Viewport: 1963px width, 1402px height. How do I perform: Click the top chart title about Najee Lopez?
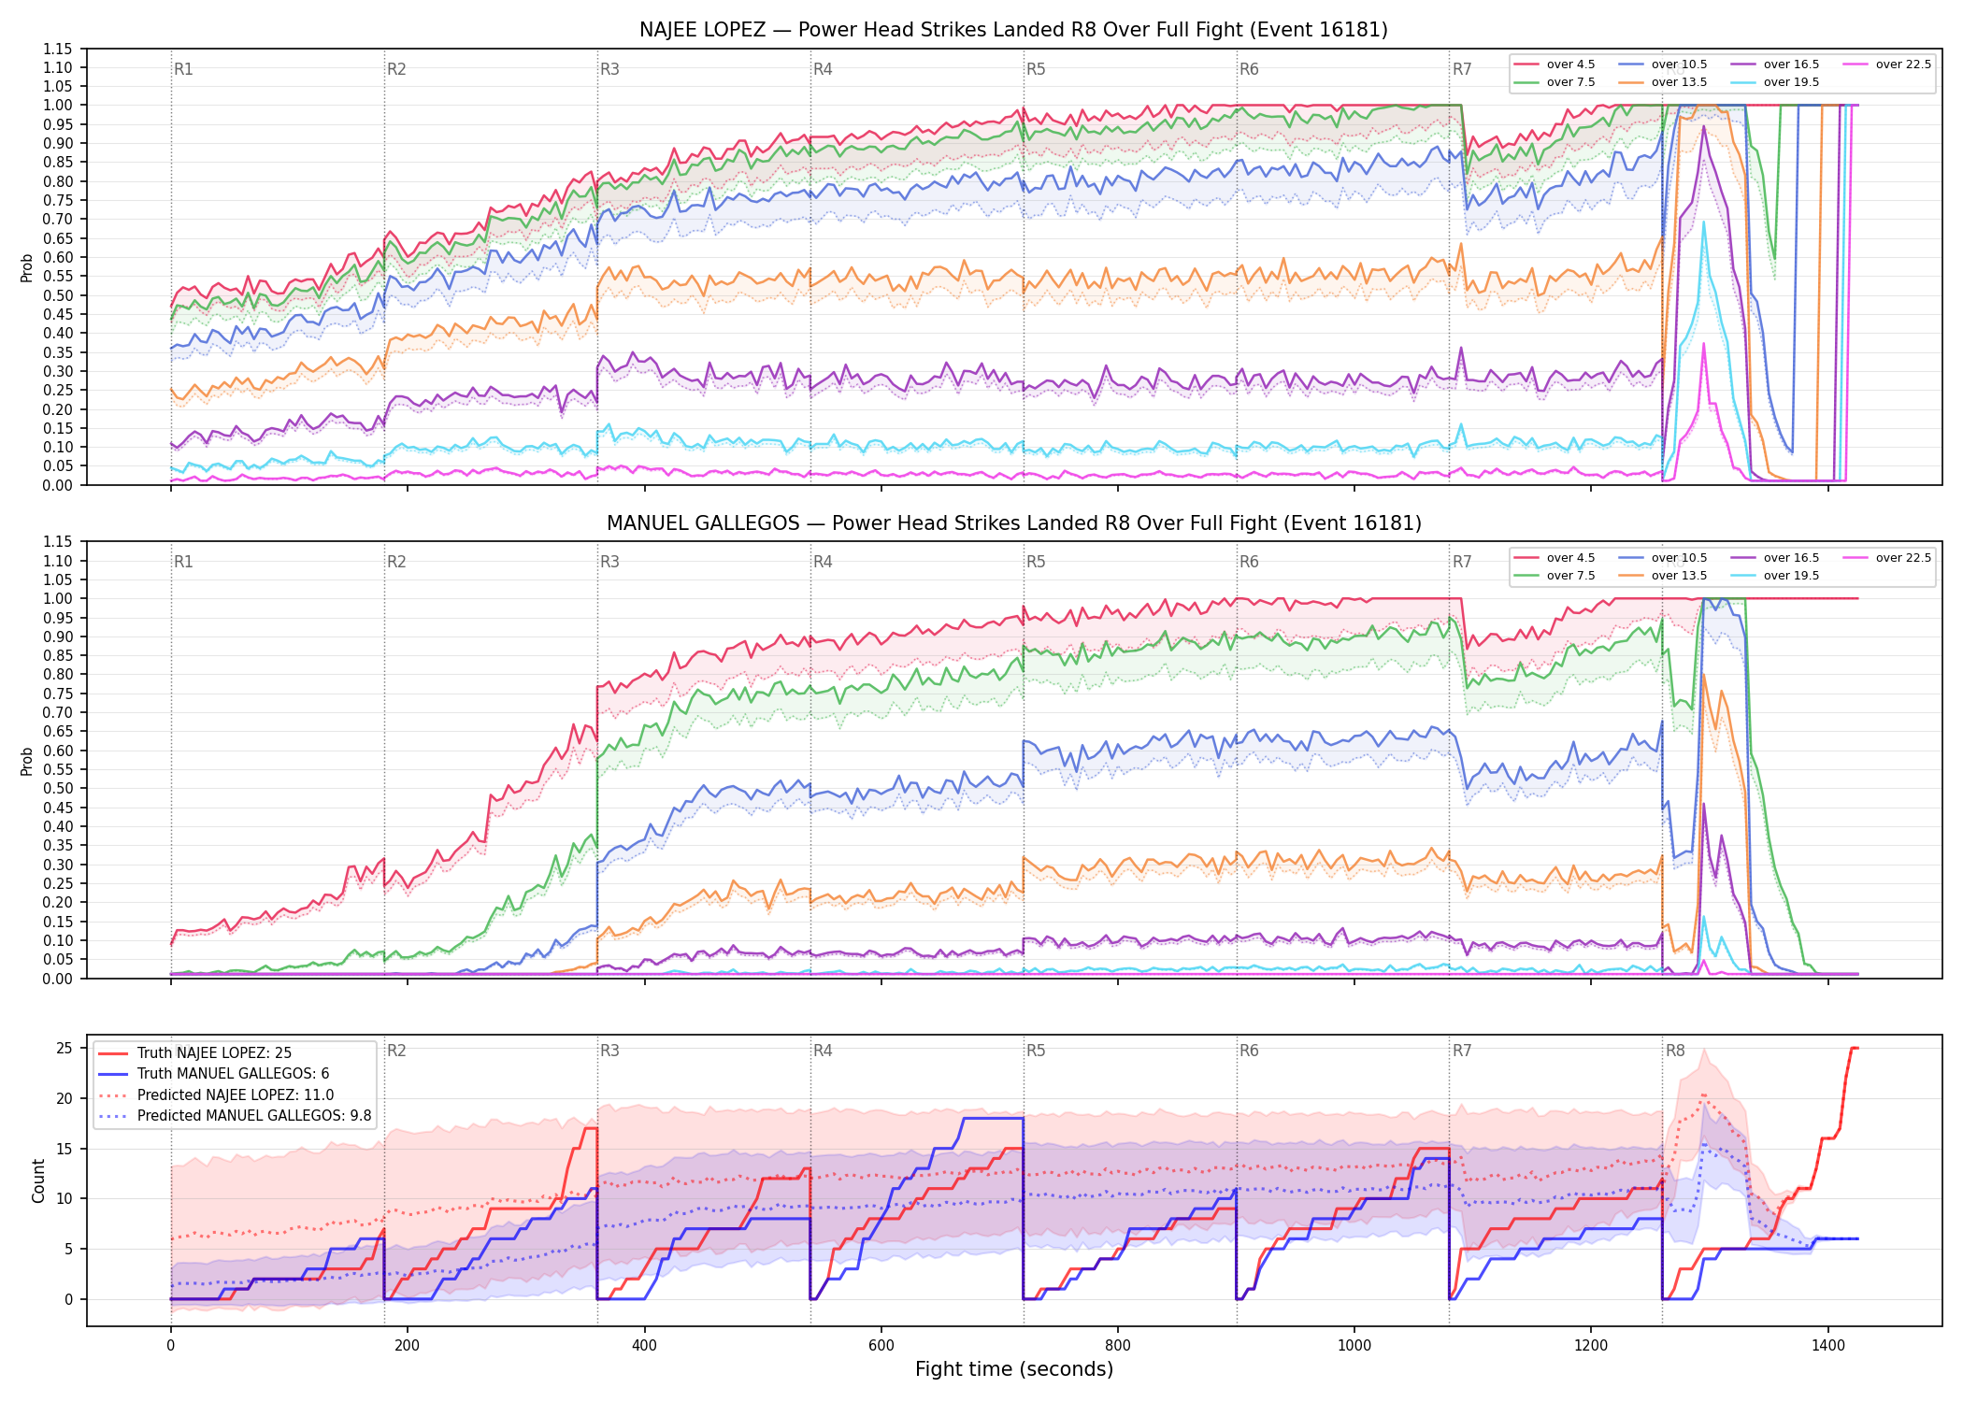tap(1013, 30)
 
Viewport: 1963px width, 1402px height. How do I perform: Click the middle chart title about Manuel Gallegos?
tap(1013, 523)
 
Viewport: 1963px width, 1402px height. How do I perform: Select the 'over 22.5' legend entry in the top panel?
tap(1886, 64)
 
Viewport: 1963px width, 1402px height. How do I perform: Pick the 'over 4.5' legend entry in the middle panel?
tap(1555, 558)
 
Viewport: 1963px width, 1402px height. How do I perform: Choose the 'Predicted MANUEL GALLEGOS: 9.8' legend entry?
tap(235, 1116)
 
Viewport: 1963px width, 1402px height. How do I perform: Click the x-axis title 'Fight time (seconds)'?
tap(1014, 1369)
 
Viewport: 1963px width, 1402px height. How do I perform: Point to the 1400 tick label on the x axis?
tap(1828, 1346)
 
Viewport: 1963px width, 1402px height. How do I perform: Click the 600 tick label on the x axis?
tap(881, 1346)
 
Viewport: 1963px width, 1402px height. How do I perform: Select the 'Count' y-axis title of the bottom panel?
tap(38, 1180)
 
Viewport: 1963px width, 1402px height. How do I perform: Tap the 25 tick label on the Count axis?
tap(64, 1048)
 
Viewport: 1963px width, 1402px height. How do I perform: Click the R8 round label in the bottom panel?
tap(1675, 1051)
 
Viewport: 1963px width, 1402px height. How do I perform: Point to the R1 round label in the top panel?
tap(183, 69)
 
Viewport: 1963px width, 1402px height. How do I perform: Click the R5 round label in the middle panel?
tap(1036, 562)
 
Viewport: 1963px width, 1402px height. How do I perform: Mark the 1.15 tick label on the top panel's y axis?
tap(57, 49)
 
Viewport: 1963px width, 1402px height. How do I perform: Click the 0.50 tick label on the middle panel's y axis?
tap(57, 788)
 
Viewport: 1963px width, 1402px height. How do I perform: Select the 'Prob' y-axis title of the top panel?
tap(27, 268)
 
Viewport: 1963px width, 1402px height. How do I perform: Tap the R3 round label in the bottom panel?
tap(609, 1051)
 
